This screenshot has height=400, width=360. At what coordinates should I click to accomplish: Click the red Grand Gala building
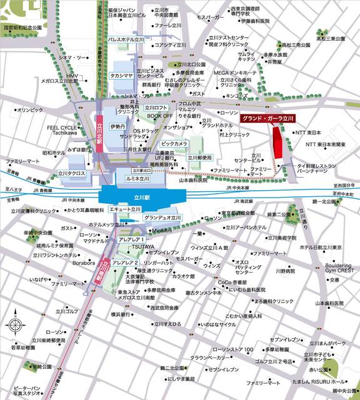[x=278, y=150]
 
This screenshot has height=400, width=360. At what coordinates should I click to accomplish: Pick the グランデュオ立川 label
[x=162, y=217]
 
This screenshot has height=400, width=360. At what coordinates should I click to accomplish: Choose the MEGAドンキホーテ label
[x=234, y=72]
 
